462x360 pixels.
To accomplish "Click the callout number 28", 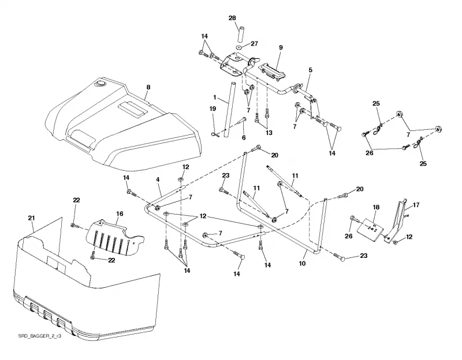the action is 232,18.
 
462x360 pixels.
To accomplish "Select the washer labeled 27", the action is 239,47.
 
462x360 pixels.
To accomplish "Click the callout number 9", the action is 281,47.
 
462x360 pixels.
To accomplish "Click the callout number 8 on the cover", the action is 148,87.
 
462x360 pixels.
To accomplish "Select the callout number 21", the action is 31,218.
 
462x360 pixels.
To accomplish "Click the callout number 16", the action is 120,213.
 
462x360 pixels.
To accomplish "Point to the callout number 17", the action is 416,205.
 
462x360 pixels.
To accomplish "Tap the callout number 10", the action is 302,264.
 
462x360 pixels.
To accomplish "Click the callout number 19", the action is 213,108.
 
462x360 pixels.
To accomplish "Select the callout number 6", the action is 244,137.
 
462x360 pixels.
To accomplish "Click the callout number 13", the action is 269,133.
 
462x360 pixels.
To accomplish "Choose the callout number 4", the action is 158,179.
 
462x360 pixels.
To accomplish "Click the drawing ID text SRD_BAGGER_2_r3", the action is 40,336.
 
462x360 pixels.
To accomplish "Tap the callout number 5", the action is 310,70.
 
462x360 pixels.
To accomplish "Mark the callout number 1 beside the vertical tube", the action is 215,97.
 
